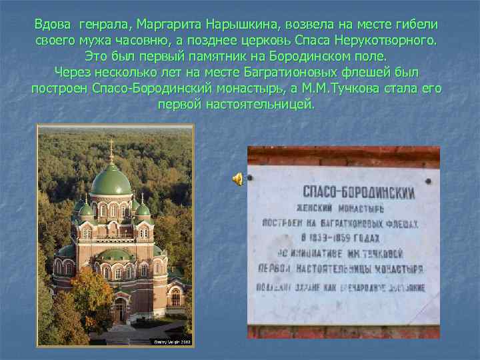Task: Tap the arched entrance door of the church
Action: [119, 310]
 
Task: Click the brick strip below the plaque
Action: [343, 331]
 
